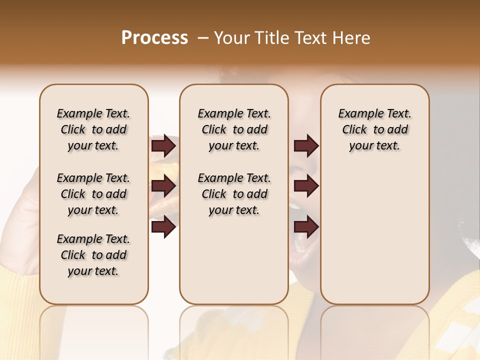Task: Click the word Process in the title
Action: tap(154, 38)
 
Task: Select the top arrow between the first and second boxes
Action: tap(163, 146)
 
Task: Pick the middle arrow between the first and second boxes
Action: tap(163, 186)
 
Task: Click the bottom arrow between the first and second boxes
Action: tap(163, 227)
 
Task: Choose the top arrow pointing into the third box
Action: tap(306, 146)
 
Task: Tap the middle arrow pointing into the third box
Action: tap(306, 186)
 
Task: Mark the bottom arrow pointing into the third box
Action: tap(306, 227)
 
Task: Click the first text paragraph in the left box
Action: tap(93, 129)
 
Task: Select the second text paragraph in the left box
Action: tap(93, 194)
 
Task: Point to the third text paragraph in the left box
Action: tap(93, 255)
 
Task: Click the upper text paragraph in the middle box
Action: tap(234, 129)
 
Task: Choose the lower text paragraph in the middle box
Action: tap(234, 194)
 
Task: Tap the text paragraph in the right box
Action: tap(374, 129)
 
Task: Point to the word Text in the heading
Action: tap(312, 38)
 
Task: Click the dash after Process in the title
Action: tap(203, 38)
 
